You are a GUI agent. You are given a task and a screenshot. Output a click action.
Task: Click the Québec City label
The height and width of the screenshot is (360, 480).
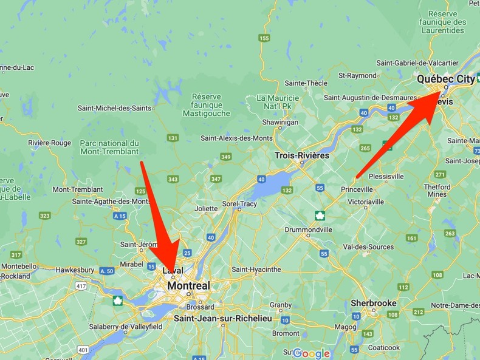[x=445, y=79]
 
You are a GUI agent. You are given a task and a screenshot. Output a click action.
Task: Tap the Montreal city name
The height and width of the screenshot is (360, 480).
[x=188, y=285]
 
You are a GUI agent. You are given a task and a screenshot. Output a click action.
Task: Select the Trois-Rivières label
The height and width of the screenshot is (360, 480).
[x=302, y=155]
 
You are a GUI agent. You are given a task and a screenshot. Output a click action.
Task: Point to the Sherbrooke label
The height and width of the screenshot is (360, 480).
[x=374, y=303]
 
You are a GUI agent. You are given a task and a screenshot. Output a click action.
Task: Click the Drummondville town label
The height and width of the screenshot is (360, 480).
[x=309, y=230]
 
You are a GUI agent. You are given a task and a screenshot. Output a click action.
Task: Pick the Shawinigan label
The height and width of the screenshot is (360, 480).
[x=280, y=122]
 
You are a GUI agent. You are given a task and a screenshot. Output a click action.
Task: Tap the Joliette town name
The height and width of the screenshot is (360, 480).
[x=206, y=208]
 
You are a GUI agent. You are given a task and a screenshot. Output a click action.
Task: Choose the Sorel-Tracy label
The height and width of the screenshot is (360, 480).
[x=239, y=204]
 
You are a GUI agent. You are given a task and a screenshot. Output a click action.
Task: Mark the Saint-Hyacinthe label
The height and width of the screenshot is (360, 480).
[x=256, y=269]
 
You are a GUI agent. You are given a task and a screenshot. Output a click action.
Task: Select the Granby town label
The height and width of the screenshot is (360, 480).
[x=281, y=305]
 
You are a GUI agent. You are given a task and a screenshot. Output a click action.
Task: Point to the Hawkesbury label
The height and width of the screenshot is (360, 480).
[x=75, y=270]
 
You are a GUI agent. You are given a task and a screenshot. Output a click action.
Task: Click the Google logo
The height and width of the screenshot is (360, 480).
[x=310, y=353]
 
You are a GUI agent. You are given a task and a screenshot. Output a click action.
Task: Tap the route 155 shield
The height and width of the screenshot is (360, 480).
[x=264, y=38]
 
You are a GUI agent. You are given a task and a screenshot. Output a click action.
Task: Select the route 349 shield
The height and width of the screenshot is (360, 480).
[x=226, y=157]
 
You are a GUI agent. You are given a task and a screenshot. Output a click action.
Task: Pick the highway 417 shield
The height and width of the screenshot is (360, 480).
[x=81, y=285]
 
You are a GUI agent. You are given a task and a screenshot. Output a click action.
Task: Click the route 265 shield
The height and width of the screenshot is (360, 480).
[x=365, y=148]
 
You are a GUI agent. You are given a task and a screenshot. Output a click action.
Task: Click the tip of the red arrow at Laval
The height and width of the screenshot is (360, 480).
[x=170, y=271]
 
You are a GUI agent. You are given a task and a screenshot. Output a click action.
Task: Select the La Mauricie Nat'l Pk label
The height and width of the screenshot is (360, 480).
[x=278, y=103]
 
